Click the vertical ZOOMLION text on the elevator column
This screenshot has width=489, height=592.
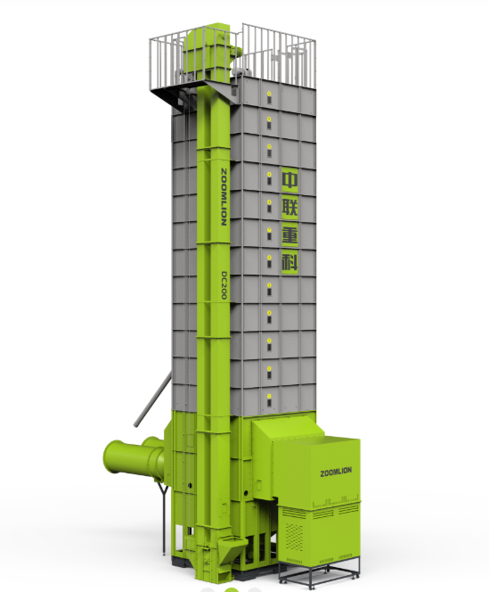(224, 197)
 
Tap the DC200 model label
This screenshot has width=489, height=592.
(224, 285)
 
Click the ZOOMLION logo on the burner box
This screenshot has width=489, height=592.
(336, 472)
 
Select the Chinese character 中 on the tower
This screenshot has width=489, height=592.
(289, 179)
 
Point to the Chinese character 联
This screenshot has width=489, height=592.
(289, 207)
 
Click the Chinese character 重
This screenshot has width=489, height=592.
(289, 235)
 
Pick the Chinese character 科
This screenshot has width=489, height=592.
(289, 262)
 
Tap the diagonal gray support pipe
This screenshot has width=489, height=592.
(152, 399)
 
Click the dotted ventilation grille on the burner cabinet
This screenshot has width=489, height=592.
(294, 537)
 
